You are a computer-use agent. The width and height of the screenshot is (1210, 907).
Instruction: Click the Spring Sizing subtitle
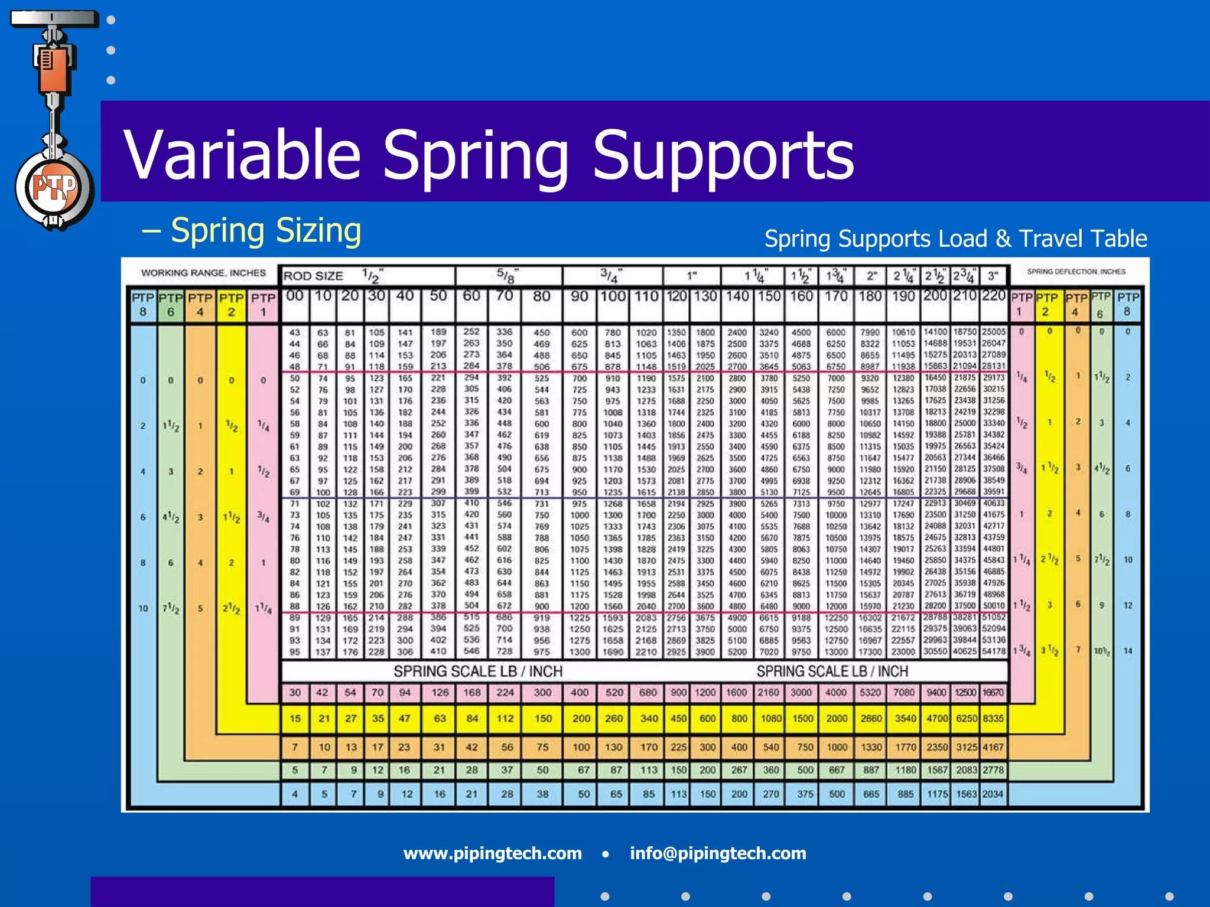tap(265, 231)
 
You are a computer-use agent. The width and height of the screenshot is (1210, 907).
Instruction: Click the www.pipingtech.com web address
tap(492, 853)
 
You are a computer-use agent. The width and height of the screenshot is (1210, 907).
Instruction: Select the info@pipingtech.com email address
tap(717, 853)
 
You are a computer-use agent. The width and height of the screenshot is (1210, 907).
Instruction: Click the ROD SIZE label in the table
tap(313, 276)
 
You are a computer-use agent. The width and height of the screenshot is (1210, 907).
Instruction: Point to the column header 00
tap(295, 296)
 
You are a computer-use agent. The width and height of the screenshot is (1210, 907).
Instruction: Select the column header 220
tap(993, 295)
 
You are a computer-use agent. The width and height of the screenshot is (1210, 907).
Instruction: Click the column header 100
tap(613, 296)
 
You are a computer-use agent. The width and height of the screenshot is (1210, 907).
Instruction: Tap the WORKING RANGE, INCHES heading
tap(203, 273)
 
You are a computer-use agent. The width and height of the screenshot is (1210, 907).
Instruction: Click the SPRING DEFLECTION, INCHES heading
tap(1076, 272)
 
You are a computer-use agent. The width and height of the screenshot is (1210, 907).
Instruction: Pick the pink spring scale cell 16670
tap(993, 692)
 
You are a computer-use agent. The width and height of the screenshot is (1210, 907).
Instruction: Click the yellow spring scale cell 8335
tap(993, 719)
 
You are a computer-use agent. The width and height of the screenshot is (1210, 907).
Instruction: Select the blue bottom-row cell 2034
tap(993, 794)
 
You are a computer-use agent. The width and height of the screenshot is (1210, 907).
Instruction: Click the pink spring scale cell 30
tap(295, 692)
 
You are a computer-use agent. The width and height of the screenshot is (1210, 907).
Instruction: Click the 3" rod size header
tap(993, 276)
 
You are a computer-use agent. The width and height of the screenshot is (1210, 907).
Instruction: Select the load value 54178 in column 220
tap(993, 651)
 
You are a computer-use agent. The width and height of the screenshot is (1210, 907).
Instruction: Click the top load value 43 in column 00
tap(295, 332)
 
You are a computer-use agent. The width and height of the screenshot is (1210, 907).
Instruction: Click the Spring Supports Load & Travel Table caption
tap(955, 239)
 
